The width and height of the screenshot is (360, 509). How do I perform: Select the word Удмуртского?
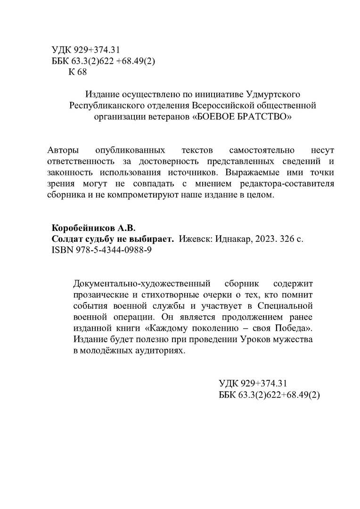pyautogui.click(x=273, y=94)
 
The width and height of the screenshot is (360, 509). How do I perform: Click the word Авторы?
pyautogui.click(x=64, y=150)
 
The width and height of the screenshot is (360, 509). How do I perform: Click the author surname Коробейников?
pyautogui.click(x=82, y=228)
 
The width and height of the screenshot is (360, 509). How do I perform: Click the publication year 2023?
pyautogui.click(x=265, y=239)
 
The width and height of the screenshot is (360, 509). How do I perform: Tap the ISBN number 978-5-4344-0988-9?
pyautogui.click(x=111, y=250)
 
